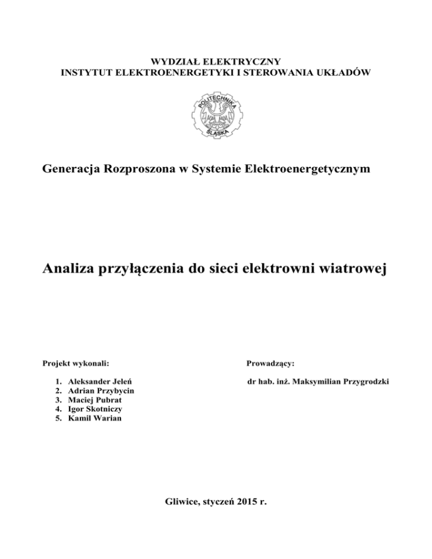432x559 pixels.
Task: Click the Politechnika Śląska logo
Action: [216, 114]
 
